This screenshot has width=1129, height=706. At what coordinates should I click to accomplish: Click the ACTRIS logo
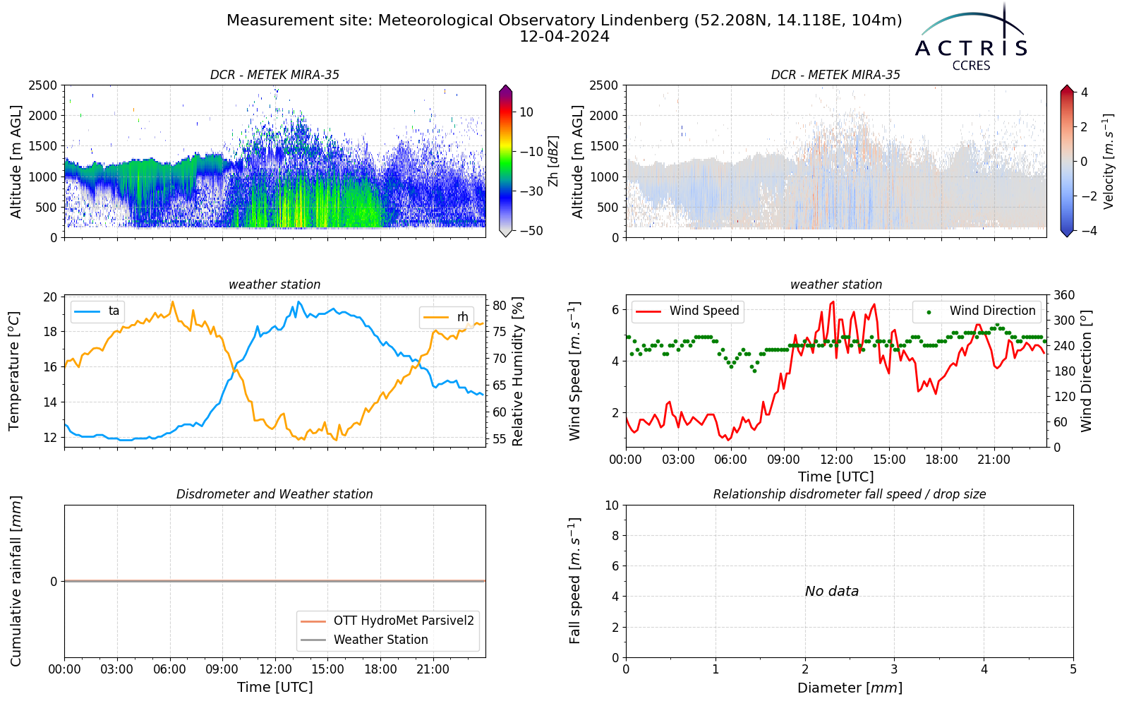971,38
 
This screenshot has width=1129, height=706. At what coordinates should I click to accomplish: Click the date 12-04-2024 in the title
564,37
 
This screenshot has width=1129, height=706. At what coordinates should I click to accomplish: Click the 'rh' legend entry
446,317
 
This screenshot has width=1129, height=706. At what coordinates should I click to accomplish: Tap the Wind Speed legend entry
687,311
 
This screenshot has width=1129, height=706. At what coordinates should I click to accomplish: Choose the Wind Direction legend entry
976,311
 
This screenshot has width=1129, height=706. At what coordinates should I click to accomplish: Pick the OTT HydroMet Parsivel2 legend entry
387,621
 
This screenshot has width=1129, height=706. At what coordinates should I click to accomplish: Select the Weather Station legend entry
364,640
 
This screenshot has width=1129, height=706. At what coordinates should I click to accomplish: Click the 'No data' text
832,591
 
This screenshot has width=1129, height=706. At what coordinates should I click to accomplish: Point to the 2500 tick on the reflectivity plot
43,85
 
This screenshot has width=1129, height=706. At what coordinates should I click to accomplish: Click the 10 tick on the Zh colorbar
526,112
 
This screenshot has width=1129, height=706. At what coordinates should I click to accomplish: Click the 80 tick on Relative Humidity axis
500,305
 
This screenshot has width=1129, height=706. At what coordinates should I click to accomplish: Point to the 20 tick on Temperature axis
50,297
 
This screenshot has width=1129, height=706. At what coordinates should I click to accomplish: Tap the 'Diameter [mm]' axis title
850,688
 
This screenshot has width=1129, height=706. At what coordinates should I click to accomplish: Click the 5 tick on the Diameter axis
1073,669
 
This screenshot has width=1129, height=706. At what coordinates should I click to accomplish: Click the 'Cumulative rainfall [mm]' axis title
16,581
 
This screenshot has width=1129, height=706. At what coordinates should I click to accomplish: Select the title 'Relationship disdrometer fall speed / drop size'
850,494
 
